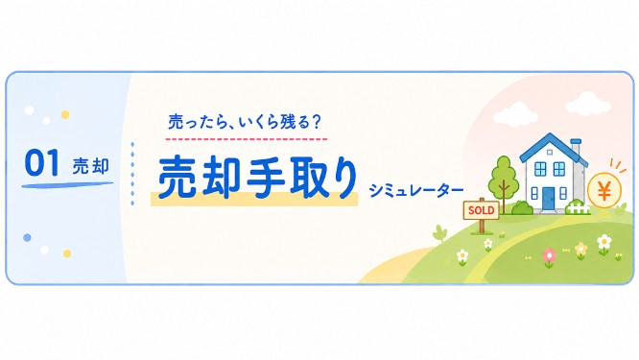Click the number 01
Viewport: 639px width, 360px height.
pyautogui.click(x=41, y=162)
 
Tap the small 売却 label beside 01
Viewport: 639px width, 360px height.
pyautogui.click(x=91, y=166)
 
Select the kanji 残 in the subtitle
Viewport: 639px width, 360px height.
pyautogui.click(x=287, y=122)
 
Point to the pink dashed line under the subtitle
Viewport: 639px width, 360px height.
pyautogui.click(x=247, y=139)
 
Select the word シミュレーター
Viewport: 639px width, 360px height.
pyautogui.click(x=416, y=190)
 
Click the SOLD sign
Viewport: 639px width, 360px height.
pyautogui.click(x=482, y=210)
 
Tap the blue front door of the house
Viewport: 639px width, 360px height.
pyautogui.click(x=548, y=198)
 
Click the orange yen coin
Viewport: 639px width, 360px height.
pyautogui.click(x=604, y=190)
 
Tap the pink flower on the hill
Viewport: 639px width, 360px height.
pyautogui.click(x=550, y=256)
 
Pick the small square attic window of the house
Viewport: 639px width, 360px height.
pyautogui.click(x=550, y=153)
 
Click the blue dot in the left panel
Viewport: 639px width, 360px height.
pyautogui.click(x=27, y=237)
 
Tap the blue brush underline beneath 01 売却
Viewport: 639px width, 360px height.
pyautogui.click(x=67, y=185)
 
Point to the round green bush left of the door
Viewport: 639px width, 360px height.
pyautogui.click(x=523, y=208)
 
